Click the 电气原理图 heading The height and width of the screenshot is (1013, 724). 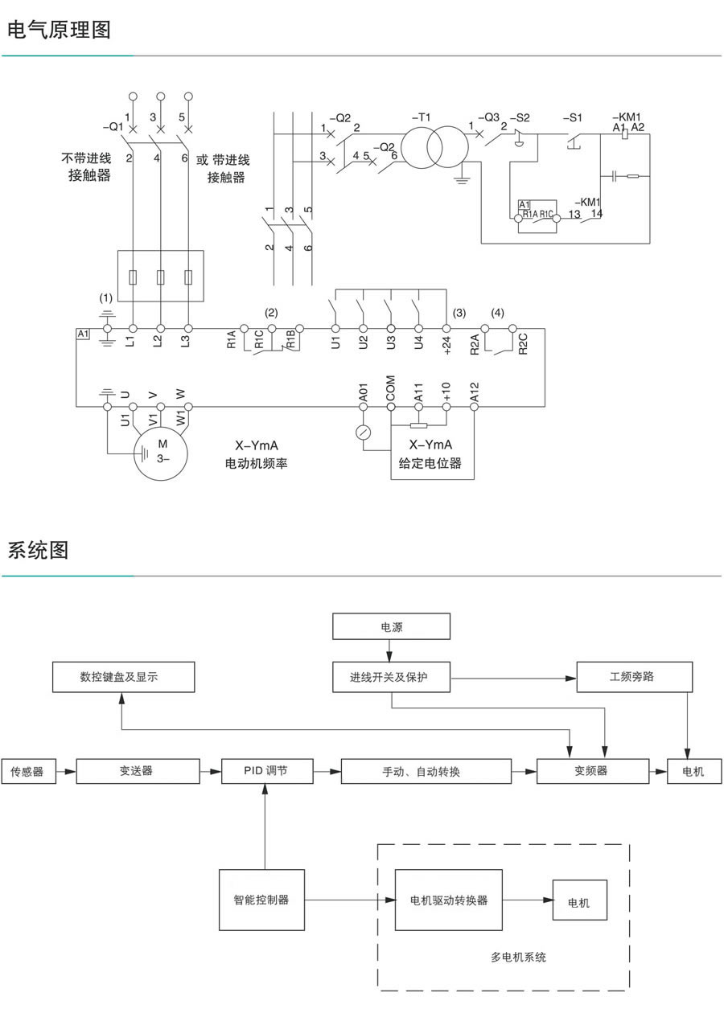tap(59, 31)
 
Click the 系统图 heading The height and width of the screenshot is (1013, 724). tap(38, 551)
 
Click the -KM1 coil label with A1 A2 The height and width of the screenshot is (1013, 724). tap(627, 121)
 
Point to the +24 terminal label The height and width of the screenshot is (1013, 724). tap(446, 345)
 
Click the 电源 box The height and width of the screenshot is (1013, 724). tap(392, 626)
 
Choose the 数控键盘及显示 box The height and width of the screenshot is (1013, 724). tap(124, 677)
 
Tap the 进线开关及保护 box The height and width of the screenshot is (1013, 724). tap(392, 677)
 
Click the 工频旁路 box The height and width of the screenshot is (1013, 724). tap(634, 677)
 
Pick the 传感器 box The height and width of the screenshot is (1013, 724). tap(28, 772)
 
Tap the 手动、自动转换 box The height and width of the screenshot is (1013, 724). tap(426, 772)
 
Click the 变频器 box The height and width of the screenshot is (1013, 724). tap(592, 771)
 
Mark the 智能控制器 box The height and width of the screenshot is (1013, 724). tap(262, 900)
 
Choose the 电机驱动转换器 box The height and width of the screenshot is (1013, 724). tap(448, 900)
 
